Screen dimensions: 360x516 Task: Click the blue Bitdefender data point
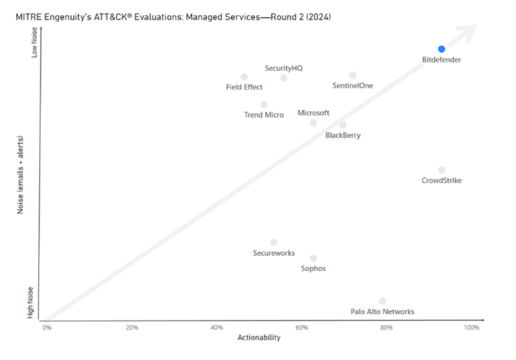[x=441, y=49]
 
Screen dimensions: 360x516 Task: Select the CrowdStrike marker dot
[x=441, y=170]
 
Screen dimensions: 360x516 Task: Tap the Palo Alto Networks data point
[x=382, y=301]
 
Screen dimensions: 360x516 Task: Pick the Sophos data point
[x=313, y=258]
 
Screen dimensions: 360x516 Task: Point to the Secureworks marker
[x=274, y=243]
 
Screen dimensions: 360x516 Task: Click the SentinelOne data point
[x=353, y=75]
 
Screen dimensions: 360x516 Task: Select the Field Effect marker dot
[x=244, y=77]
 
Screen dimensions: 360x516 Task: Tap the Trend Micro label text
[x=264, y=115]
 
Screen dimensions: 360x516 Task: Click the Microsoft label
[x=313, y=113]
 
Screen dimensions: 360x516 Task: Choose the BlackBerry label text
[x=343, y=136]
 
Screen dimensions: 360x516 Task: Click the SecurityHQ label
[x=284, y=68]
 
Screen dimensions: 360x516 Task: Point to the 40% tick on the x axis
[x=216, y=328]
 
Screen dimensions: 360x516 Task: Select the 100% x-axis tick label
[x=471, y=328]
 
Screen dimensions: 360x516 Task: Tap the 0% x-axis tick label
[x=47, y=328]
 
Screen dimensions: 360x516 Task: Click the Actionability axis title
[x=259, y=338]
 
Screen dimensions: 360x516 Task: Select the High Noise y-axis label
[x=31, y=303]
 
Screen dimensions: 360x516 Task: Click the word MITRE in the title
[x=26, y=17]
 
